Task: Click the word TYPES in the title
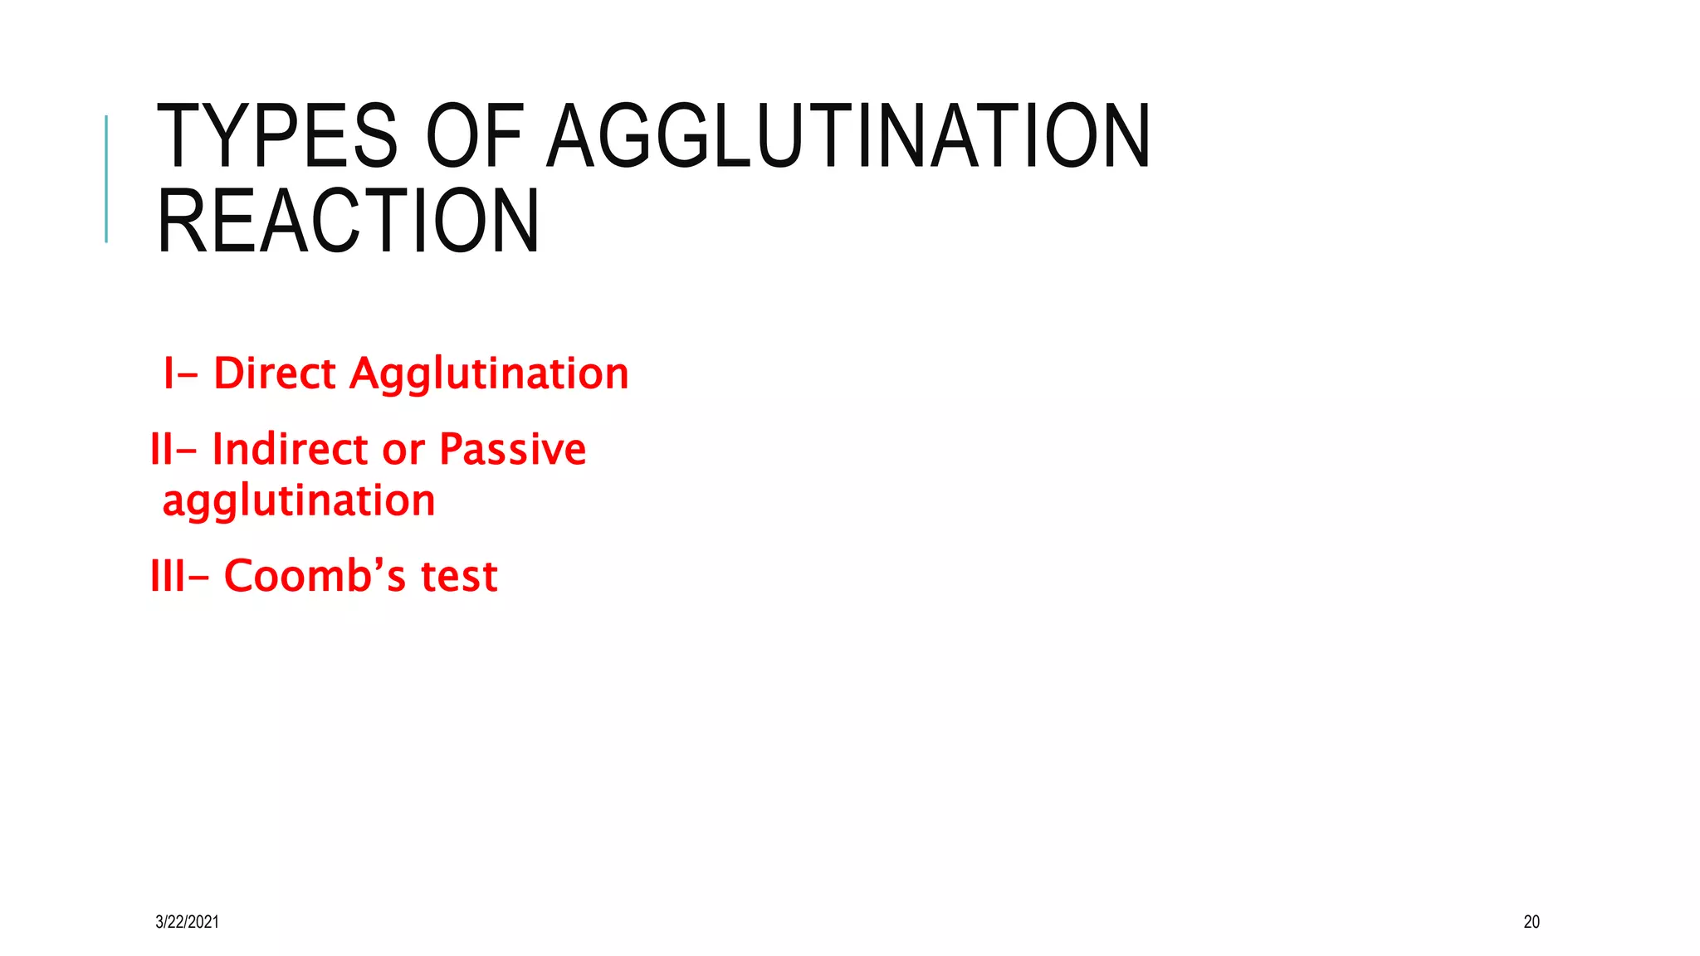[277, 137]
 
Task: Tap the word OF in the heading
[474, 137]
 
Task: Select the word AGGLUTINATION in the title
[848, 137]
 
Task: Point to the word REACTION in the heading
[349, 221]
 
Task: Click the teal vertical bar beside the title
[106, 178]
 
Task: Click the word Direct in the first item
[275, 373]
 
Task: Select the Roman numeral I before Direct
[169, 373]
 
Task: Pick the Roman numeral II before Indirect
[161, 450]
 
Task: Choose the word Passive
[512, 450]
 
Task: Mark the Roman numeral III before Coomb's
[167, 576]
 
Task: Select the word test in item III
[459, 577]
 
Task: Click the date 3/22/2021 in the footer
[187, 921]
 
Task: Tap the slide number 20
[1531, 921]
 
